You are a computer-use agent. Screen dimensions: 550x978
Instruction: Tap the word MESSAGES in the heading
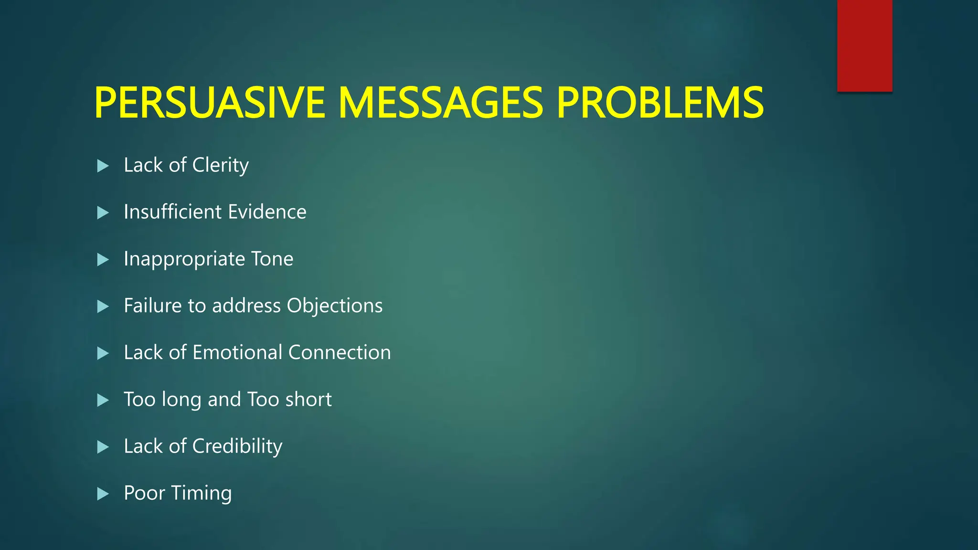(x=440, y=103)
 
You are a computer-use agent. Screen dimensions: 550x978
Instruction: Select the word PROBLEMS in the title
(x=660, y=103)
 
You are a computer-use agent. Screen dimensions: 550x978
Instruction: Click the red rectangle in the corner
(x=864, y=45)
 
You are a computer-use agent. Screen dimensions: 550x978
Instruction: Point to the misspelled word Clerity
(x=220, y=165)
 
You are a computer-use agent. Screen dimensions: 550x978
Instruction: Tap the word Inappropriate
(x=184, y=259)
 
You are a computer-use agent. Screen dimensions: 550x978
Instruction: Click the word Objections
(x=334, y=306)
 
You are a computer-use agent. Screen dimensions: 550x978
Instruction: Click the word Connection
(x=340, y=352)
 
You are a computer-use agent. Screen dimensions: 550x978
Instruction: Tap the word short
(x=308, y=399)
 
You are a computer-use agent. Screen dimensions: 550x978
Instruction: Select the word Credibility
(x=237, y=446)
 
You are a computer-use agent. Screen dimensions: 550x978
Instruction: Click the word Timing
(x=202, y=493)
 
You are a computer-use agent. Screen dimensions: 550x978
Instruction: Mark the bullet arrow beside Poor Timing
(x=103, y=494)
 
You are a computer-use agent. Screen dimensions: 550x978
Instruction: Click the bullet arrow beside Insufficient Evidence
(x=103, y=212)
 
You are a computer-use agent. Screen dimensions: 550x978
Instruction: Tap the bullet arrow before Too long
(x=103, y=400)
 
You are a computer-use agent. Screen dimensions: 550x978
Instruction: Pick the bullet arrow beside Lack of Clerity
(x=103, y=166)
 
